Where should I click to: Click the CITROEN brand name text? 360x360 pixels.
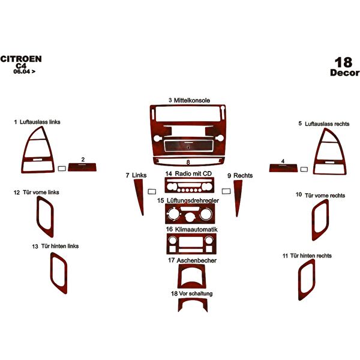pyautogui.click(x=21, y=59)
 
